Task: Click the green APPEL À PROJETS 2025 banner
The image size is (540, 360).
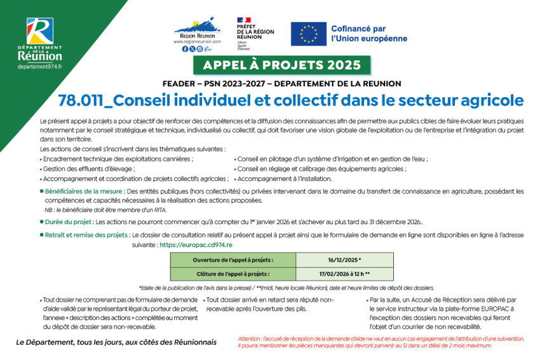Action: (x=281, y=65)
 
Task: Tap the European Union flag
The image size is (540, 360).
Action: (x=309, y=34)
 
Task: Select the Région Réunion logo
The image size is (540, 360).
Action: (x=197, y=32)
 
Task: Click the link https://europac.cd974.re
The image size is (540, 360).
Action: (x=196, y=244)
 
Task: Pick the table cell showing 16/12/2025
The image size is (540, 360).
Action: (x=344, y=260)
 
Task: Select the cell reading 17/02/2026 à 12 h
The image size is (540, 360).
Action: (x=344, y=274)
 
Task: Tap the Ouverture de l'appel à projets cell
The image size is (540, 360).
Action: (x=233, y=260)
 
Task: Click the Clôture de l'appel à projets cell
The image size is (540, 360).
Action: (x=233, y=274)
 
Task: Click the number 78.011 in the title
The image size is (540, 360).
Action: (x=79, y=101)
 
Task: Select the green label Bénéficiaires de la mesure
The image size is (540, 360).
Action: (x=83, y=191)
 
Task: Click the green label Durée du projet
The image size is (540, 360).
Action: (x=68, y=222)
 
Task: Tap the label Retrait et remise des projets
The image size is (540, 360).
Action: (x=86, y=234)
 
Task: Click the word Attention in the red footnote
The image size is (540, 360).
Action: (x=250, y=339)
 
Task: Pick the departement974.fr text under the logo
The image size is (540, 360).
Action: (x=39, y=67)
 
